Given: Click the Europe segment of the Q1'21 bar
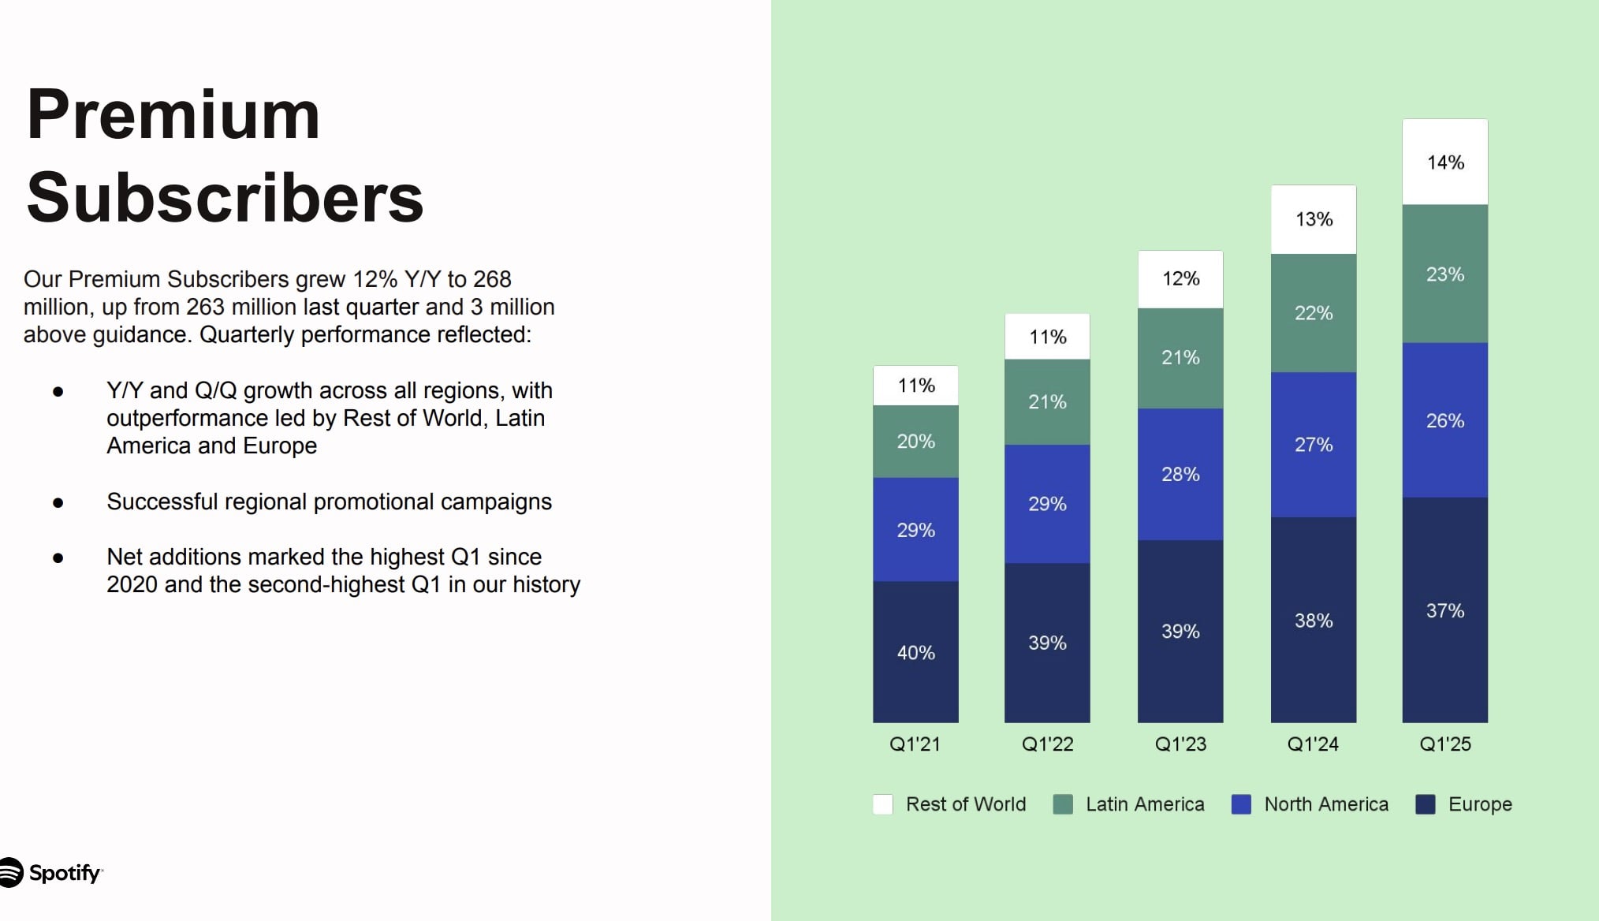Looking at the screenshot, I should [915, 652].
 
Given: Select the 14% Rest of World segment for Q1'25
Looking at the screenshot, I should [1444, 162].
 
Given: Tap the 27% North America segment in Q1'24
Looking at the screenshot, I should [1313, 445].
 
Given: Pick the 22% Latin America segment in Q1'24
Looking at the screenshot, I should [1313, 313].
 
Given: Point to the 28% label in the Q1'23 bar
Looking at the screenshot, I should [1180, 474].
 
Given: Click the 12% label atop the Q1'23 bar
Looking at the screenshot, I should [1180, 278].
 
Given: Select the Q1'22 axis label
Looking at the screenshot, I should [1047, 744].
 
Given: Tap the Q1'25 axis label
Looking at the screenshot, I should [1444, 744].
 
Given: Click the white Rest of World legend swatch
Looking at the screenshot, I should [883, 804].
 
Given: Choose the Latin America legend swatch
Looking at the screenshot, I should [1063, 804].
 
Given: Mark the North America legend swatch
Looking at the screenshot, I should [1241, 804].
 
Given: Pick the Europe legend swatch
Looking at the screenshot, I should [1426, 804].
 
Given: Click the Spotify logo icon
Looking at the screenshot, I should [10, 872].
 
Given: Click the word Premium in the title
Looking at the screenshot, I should [173, 115].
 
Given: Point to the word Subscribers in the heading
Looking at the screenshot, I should [225, 197].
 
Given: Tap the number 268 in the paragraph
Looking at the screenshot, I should [492, 279].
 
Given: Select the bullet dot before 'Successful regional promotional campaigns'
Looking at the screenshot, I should [58, 502].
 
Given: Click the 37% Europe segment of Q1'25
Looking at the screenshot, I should [1444, 610].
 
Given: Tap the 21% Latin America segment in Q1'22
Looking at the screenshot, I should [1047, 402].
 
